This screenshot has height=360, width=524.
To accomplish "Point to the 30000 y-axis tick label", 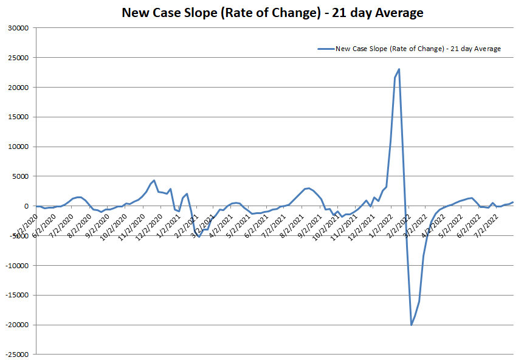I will point(19,28).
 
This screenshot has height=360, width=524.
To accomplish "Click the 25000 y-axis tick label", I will point(19,58).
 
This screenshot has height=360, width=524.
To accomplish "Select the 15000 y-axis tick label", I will point(19,117).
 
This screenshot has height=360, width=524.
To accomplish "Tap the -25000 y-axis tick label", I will point(18,355).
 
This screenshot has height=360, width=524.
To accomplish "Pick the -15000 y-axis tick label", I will point(18,296).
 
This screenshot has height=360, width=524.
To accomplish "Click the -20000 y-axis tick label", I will point(18,325).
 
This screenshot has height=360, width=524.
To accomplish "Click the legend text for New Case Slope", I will point(418,49).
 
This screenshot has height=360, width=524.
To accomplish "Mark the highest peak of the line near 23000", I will point(399,69).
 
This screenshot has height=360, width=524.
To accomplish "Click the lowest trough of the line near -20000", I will point(412,325).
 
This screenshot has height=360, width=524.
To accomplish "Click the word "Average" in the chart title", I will point(394,12).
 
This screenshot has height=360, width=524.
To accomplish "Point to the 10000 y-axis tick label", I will point(19,147).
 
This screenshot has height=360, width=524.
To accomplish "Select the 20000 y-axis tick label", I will point(19,88).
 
